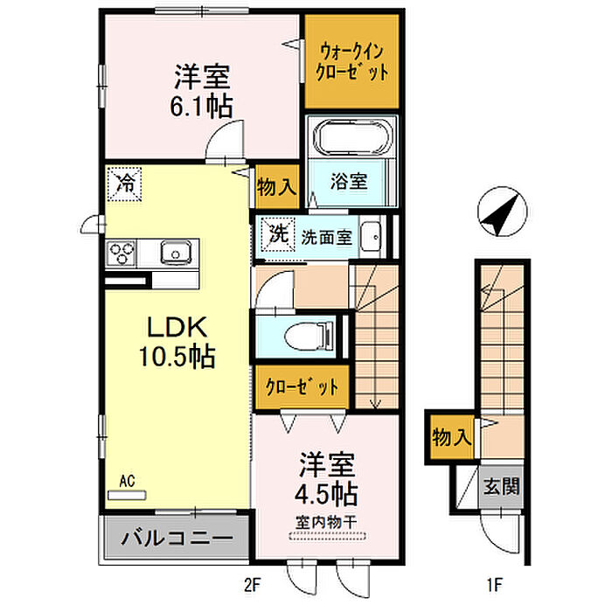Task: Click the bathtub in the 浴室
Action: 354,137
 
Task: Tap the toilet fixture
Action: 309,336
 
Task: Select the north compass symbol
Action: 503,212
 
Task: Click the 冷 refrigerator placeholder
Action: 124,184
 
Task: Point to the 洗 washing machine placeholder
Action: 278,234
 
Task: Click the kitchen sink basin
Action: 176,252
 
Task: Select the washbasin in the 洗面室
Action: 371,237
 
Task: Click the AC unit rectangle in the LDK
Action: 127,495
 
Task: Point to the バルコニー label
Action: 177,539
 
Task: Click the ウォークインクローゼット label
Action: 352,62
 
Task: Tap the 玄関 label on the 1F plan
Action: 502,487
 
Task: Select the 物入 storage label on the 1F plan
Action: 452,437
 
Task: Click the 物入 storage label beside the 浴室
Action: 276,186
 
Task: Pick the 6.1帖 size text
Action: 201,106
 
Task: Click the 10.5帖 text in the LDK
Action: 177,356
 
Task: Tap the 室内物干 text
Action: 326,522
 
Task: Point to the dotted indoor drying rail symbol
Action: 328,537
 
